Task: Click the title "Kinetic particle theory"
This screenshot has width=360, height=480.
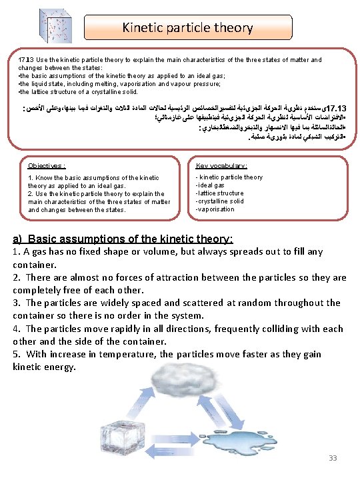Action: click(187, 27)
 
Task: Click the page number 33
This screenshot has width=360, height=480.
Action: click(333, 457)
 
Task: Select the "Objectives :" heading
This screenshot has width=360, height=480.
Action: click(47, 165)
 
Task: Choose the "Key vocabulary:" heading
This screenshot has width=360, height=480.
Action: click(221, 165)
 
